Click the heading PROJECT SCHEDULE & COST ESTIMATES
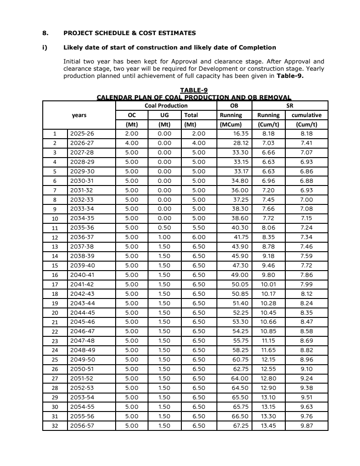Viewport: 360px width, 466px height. coord(130,33)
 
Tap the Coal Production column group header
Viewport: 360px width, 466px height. coord(166,105)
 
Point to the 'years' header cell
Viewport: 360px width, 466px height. coord(79,115)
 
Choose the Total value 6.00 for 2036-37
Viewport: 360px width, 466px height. coord(198,237)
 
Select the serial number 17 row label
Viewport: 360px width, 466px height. coord(55,284)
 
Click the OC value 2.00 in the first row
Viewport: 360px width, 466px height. coord(131,134)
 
